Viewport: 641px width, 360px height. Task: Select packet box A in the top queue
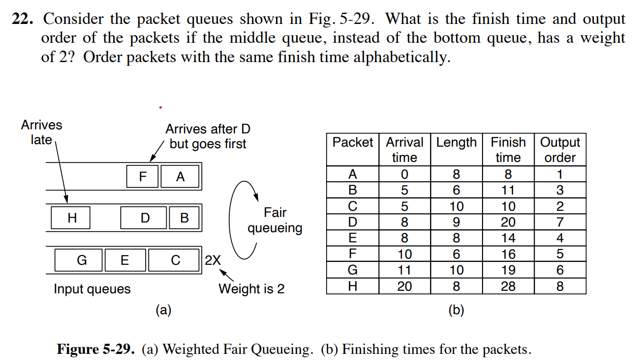180,177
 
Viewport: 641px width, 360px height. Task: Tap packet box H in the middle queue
71,218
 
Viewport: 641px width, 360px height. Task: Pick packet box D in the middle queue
145,218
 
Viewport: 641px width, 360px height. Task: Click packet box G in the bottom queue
82,260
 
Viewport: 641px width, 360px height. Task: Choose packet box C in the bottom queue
175,260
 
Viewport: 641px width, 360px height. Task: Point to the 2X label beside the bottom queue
213,260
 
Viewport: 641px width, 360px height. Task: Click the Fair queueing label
275,220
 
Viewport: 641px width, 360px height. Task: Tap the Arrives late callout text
41,132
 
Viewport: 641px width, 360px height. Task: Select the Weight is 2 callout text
251,289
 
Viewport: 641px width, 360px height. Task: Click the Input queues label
92,289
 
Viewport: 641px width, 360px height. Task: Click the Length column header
456,143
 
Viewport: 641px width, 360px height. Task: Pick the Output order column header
559,150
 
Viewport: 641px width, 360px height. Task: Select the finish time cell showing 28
508,286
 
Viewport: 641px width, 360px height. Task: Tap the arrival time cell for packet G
404,270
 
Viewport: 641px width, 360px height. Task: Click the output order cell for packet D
559,222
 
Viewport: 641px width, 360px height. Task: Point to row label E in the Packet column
352,238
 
